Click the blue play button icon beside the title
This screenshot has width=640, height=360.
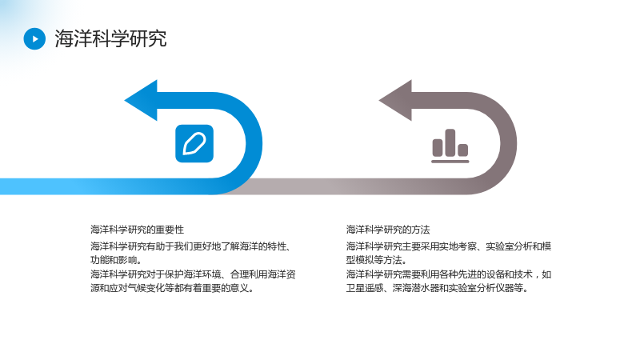tap(34, 38)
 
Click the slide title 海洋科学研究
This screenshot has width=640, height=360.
tap(110, 38)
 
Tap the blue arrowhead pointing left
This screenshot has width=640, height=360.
tap(142, 101)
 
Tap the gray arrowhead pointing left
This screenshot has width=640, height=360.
tap(396, 101)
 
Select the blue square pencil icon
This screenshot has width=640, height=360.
tap(194, 144)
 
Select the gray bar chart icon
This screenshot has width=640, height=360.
tap(450, 146)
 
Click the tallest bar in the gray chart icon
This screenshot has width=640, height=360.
tap(450, 143)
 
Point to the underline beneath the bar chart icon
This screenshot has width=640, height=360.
tap(450, 162)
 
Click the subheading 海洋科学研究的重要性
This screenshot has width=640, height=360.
tap(137, 230)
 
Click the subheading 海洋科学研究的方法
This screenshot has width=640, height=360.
tap(388, 230)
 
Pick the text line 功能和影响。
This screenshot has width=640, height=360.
tap(116, 260)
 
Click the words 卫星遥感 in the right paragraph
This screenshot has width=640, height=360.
tap(365, 288)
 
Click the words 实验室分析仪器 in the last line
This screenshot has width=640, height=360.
tap(482, 288)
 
